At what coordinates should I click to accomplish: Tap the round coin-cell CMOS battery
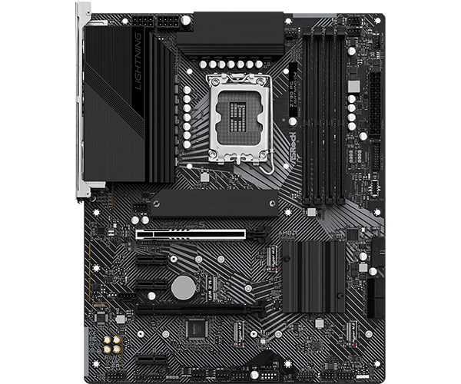(x=183, y=287)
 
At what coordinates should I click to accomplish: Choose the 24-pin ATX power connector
(x=376, y=100)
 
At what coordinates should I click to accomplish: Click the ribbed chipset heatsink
(x=313, y=276)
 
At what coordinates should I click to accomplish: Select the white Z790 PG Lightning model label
(x=294, y=101)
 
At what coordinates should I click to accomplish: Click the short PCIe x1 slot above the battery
(x=152, y=260)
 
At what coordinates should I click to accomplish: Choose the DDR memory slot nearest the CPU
(x=307, y=115)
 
